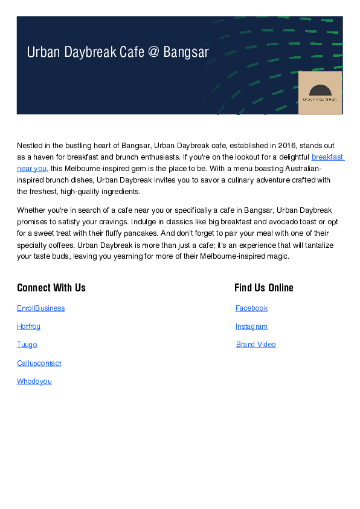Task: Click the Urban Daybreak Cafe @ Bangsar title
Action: point(118,53)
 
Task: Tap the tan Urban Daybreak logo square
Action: point(320,92)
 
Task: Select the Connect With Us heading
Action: point(51,288)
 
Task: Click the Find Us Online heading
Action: point(264,288)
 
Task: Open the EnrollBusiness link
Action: point(40,308)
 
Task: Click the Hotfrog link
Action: point(28,326)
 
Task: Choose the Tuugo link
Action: point(27,345)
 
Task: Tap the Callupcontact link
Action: point(39,363)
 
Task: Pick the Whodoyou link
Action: point(34,381)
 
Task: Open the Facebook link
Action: point(251,308)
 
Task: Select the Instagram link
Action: point(251,326)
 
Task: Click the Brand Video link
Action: point(256,345)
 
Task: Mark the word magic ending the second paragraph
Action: point(278,256)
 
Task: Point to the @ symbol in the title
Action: point(153,53)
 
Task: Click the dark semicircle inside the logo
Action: point(320,88)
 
